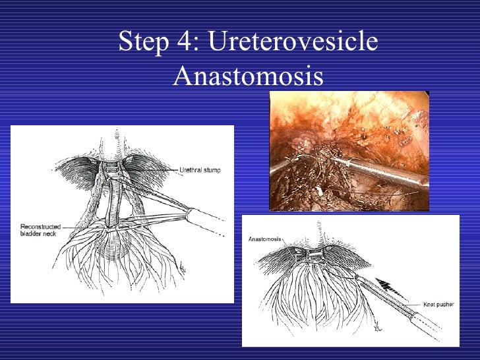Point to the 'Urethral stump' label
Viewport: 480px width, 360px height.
(200, 170)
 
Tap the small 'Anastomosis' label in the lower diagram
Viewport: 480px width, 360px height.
(265, 239)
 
